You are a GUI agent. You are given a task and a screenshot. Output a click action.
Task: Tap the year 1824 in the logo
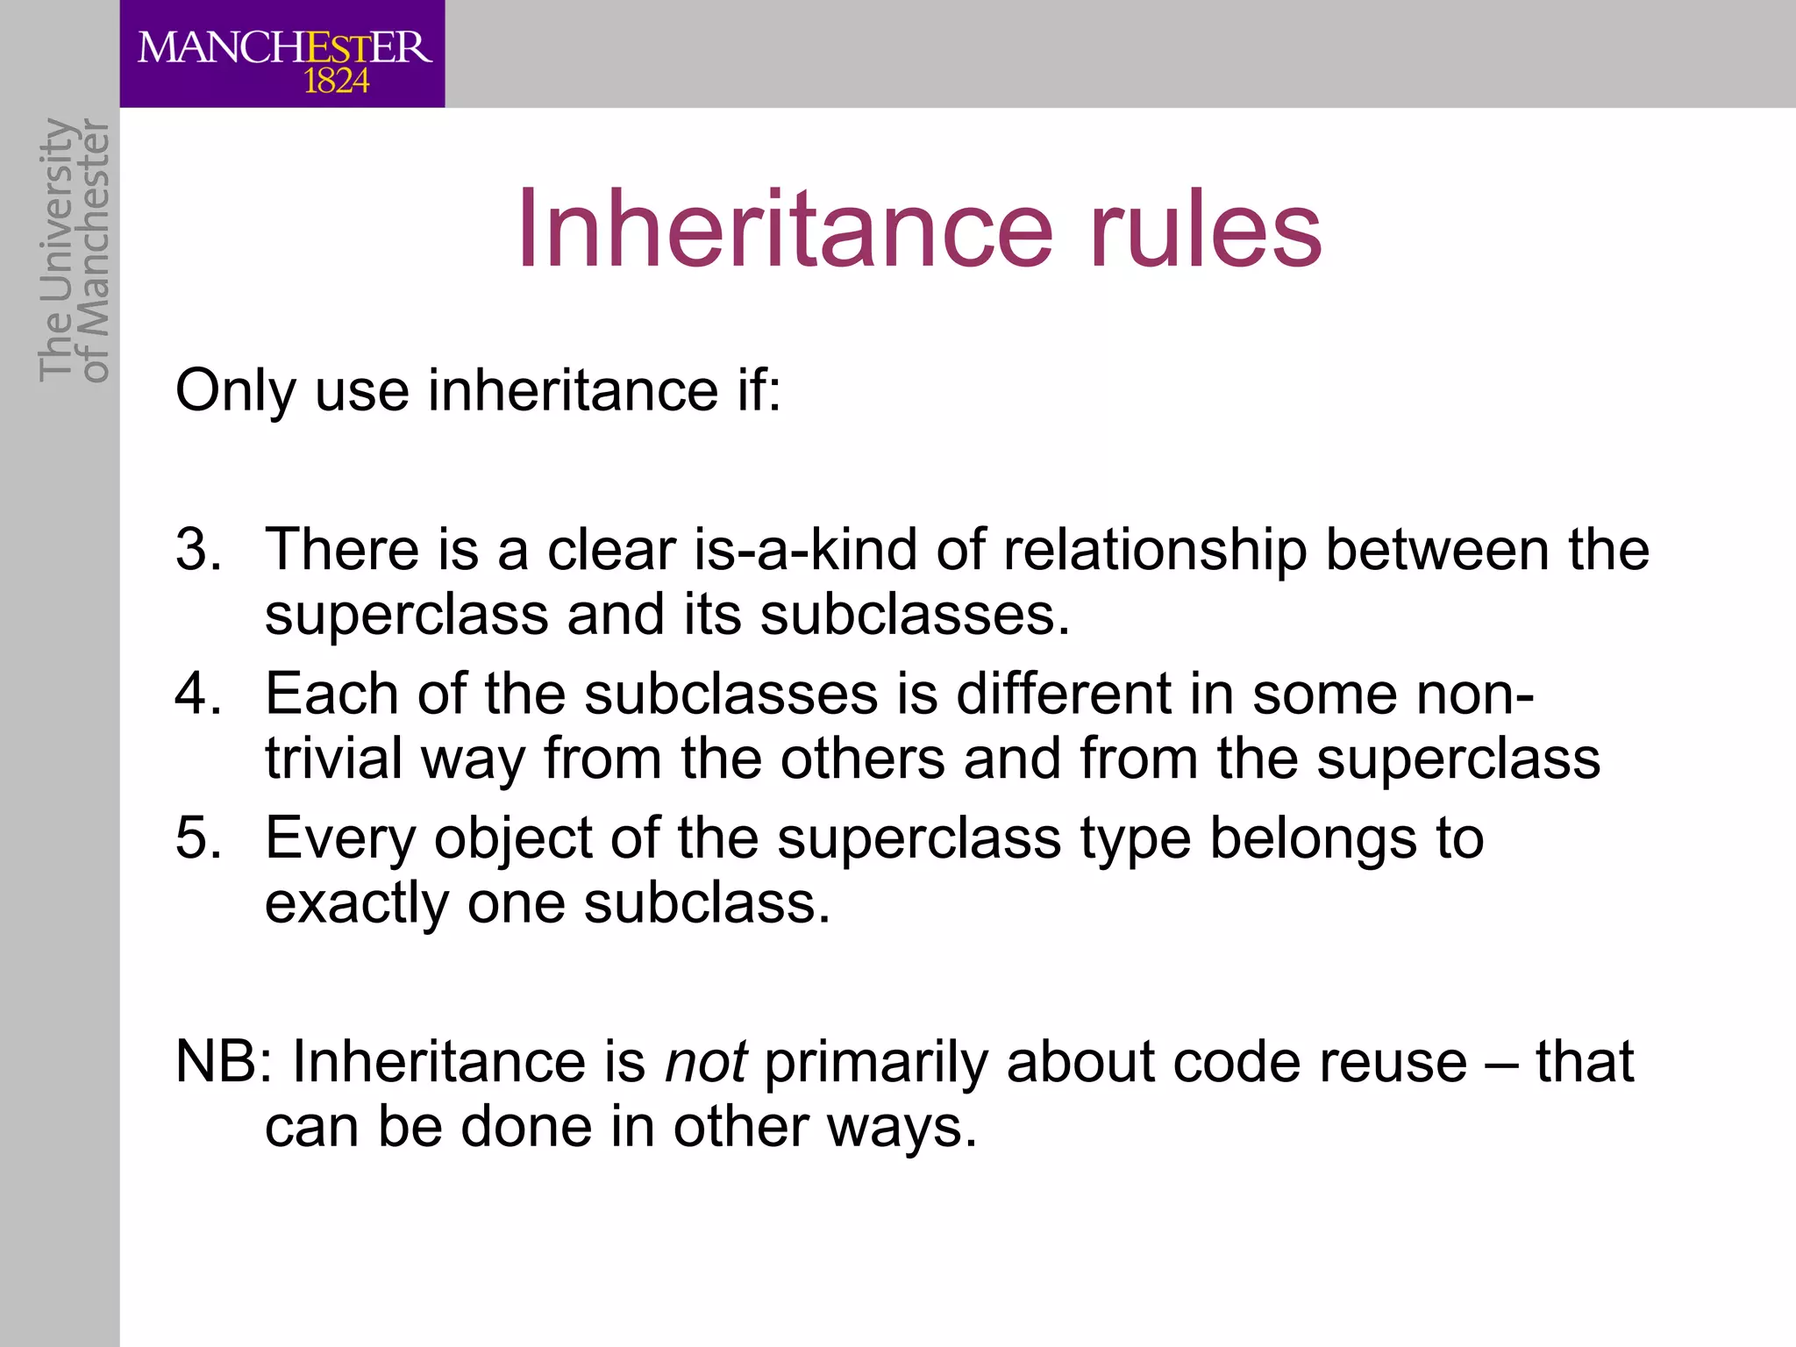[x=336, y=82]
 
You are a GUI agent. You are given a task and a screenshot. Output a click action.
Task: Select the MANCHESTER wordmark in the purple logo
[x=284, y=48]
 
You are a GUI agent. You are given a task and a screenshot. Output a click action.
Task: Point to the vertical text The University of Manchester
[x=75, y=250]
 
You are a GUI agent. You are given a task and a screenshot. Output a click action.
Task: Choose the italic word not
[x=706, y=1062]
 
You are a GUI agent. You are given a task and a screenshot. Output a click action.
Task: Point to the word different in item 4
[x=1063, y=694]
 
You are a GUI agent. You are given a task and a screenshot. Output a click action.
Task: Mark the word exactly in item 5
[x=356, y=903]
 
